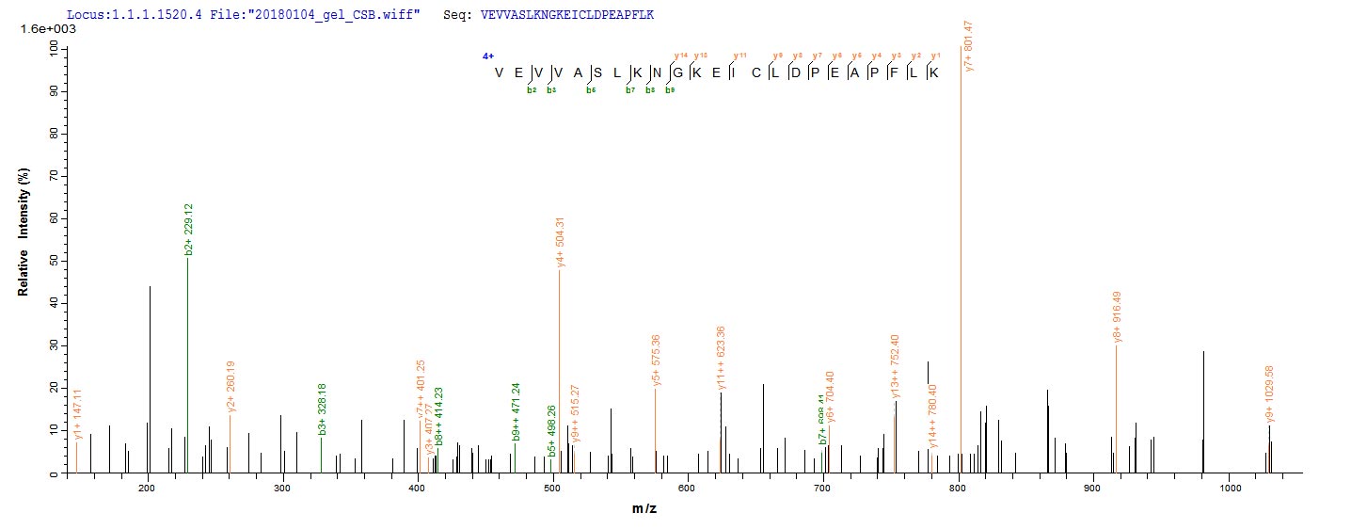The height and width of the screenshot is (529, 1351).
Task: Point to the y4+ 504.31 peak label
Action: coord(560,243)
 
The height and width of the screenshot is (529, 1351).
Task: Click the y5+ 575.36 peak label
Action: coord(656,361)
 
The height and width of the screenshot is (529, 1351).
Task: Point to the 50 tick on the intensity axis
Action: coord(56,260)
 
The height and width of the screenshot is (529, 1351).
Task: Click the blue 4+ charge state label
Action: coord(487,56)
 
